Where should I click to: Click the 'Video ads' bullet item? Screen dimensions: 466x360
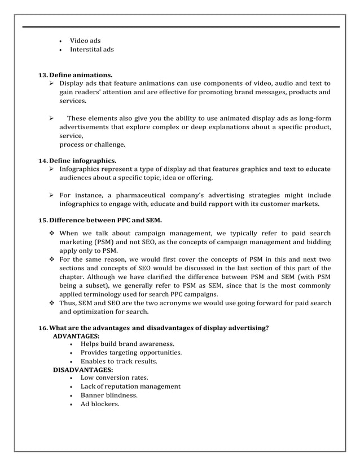pyautogui.click(x=85, y=41)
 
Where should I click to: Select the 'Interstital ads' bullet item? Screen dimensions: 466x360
pyautogui.click(x=91, y=50)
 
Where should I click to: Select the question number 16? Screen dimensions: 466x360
pyautogui.click(x=43, y=328)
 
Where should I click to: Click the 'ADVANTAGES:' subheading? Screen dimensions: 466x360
pyautogui.click(x=76, y=336)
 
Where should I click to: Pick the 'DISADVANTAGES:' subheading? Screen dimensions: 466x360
pyautogui.click(x=82, y=370)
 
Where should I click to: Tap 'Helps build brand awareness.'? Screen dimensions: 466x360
pyautogui.click(x=127, y=344)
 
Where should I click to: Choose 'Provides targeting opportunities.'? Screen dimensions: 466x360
pyautogui.click(x=131, y=353)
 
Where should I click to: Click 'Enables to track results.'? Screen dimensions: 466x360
pyautogui.click(x=118, y=361)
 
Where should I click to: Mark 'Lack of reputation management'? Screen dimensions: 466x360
pyautogui.click(x=130, y=386)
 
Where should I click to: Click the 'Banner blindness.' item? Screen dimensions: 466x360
pyautogui.click(x=109, y=395)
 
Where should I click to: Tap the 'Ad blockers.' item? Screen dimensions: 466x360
pyautogui.click(x=100, y=404)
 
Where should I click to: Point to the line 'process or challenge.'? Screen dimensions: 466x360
pyautogui.click(x=93, y=144)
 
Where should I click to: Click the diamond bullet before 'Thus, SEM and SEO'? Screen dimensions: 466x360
pyautogui.click(x=51, y=303)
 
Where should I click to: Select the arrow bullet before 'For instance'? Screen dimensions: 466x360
pyautogui.click(x=51, y=195)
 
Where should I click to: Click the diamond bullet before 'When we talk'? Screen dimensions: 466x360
pyautogui.click(x=51, y=233)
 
